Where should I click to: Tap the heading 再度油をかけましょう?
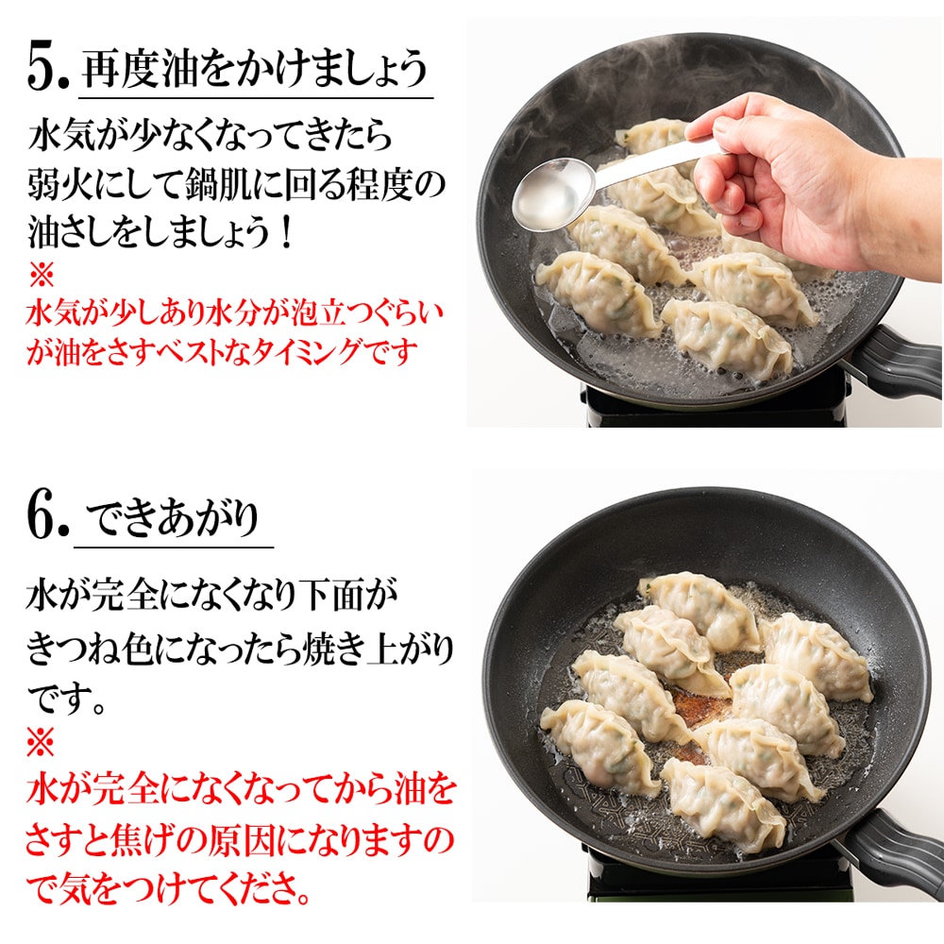point(254,71)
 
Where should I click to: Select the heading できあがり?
point(172,517)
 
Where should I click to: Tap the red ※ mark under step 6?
point(41,742)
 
